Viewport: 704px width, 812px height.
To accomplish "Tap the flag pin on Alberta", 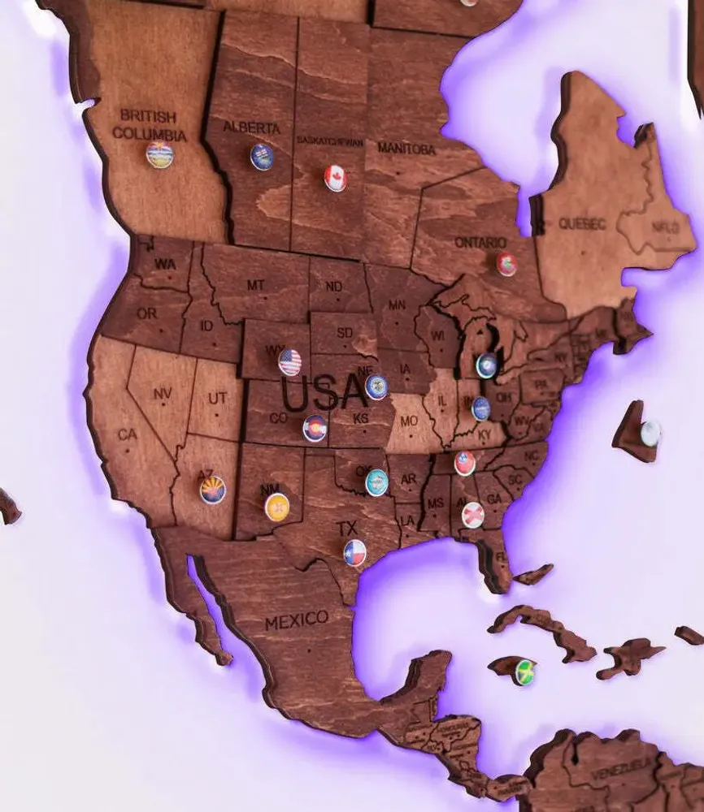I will [262, 157].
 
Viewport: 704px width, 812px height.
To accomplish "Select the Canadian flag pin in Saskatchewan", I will [336, 178].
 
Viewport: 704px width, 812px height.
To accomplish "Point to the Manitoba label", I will [406, 149].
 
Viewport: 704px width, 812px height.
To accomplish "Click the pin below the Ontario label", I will [506, 264].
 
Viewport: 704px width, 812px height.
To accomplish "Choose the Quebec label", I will [582, 223].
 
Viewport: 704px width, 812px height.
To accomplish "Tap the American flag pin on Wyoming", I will [289, 362].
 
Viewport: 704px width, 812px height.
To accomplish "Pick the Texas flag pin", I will [354, 553].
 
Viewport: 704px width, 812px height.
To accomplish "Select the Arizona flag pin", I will [213, 490].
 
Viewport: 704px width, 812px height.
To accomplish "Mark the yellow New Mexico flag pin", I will [277, 507].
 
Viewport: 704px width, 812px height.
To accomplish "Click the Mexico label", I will [297, 621].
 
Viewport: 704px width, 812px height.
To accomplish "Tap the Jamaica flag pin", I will [525, 672].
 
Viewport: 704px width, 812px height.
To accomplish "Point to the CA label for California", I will [128, 434].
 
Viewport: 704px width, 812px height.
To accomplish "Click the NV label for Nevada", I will [162, 394].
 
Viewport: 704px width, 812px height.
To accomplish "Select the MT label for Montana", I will [256, 285].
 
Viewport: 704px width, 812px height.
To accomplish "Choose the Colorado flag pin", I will [315, 428].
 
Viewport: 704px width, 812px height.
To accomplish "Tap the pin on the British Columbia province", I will [160, 154].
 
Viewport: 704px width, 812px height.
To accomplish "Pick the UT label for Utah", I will [217, 398].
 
